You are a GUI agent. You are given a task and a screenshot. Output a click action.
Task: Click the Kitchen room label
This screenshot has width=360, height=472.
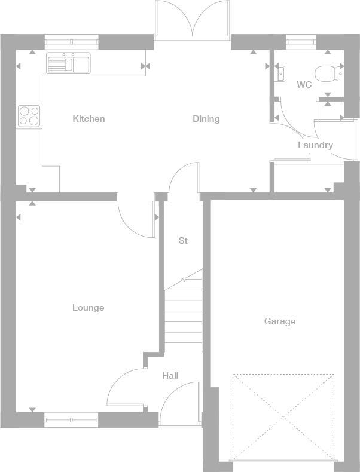pyautogui.click(x=89, y=119)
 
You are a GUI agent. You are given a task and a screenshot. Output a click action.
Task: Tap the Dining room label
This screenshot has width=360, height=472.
pyautogui.click(x=206, y=119)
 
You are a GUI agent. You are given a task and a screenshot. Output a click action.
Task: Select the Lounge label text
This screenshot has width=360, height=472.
pyautogui.click(x=89, y=308)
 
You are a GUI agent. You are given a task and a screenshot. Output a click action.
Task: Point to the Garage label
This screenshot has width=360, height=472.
pyautogui.click(x=280, y=321)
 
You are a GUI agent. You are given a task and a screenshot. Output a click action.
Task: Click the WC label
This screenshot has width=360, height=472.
pyautogui.click(x=304, y=85)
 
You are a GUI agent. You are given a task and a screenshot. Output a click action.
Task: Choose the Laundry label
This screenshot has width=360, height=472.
pyautogui.click(x=315, y=145)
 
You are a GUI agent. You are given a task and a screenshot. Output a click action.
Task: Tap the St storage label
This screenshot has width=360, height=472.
pyautogui.click(x=183, y=241)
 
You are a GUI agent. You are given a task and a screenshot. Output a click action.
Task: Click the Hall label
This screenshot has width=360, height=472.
pyautogui.click(x=170, y=376)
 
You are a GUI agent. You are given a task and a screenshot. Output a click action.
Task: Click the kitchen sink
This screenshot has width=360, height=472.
pyautogui.click(x=68, y=63)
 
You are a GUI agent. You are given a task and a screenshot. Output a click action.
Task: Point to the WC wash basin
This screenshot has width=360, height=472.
pyautogui.click(x=280, y=73)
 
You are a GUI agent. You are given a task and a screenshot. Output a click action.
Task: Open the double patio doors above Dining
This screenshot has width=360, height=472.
pyautogui.click(x=193, y=21)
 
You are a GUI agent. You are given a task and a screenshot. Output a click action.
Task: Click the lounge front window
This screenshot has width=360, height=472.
pyautogui.click(x=71, y=420)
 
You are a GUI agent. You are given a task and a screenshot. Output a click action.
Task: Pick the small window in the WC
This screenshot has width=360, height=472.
pyautogui.click(x=301, y=42)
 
